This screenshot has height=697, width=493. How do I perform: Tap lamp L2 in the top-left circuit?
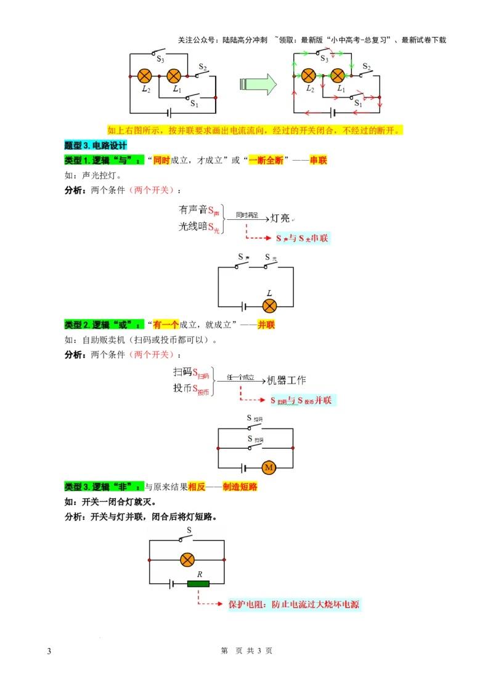click(x=145, y=76)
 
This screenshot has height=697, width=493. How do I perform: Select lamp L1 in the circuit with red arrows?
click(x=337, y=76)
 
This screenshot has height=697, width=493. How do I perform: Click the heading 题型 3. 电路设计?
click(x=96, y=146)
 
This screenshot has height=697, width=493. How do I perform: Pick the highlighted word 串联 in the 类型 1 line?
click(x=319, y=161)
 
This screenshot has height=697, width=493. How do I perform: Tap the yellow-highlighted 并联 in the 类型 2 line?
click(x=266, y=324)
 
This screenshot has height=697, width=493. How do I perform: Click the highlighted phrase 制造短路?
click(x=241, y=486)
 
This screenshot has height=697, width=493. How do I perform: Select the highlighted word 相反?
click(x=197, y=486)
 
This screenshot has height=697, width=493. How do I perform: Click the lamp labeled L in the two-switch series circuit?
click(x=269, y=306)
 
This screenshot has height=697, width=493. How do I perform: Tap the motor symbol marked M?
click(x=269, y=468)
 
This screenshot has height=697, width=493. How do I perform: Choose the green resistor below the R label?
click(x=198, y=584)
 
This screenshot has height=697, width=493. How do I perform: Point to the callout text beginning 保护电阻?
click(x=293, y=604)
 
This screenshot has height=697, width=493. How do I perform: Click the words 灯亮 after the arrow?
click(x=280, y=218)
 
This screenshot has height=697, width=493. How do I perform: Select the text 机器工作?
click(x=287, y=381)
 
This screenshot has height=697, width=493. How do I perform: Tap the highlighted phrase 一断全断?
click(x=266, y=161)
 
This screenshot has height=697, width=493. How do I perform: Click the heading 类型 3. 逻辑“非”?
click(x=103, y=486)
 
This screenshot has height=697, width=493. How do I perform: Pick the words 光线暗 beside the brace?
click(x=192, y=227)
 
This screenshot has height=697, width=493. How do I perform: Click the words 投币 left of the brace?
click(x=182, y=389)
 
